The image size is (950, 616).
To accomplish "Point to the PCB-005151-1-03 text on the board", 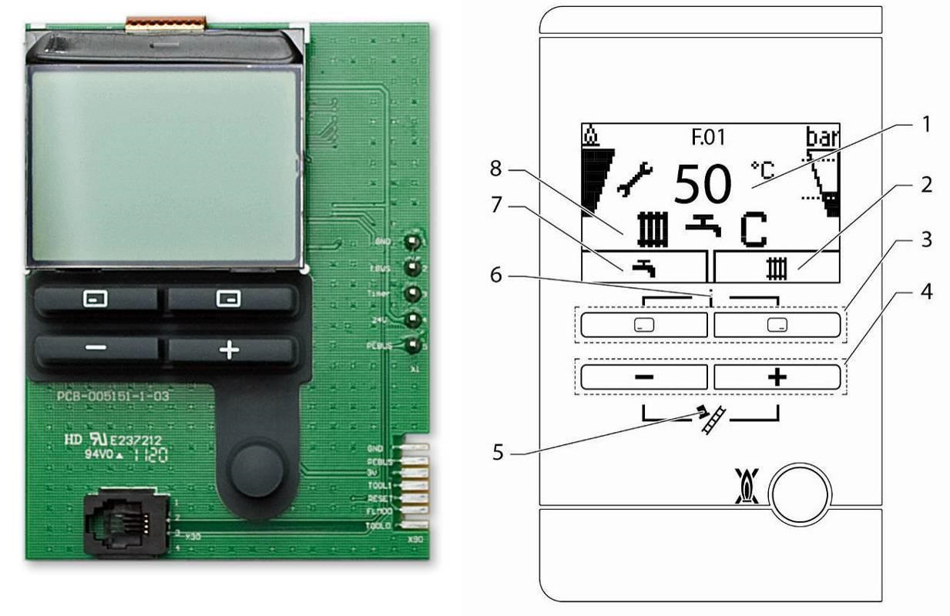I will point(113,397).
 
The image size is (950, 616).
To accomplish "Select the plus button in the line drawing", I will point(776,377).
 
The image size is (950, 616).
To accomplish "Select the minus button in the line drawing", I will point(643,377).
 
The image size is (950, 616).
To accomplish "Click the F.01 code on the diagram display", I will point(708,138).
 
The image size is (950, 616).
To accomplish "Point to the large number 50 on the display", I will point(702,184).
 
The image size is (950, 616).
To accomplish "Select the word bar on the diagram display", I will point(823,137).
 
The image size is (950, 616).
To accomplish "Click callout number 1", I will point(927,123).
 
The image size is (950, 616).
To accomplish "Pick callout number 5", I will point(497,451).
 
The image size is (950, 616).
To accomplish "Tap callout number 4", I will point(927,293).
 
